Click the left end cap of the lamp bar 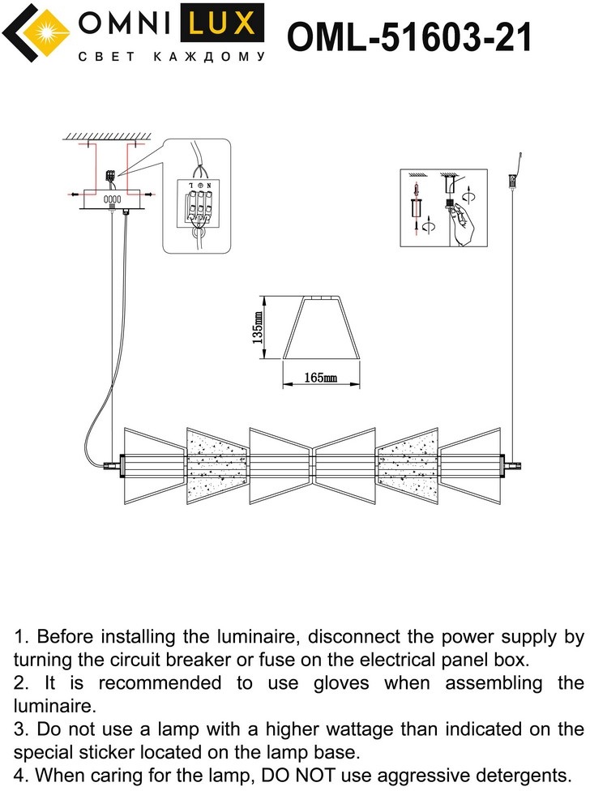pyautogui.click(x=112, y=466)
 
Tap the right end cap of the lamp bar pyautogui.click(x=512, y=466)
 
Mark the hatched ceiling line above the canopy pyautogui.click(x=109, y=135)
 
